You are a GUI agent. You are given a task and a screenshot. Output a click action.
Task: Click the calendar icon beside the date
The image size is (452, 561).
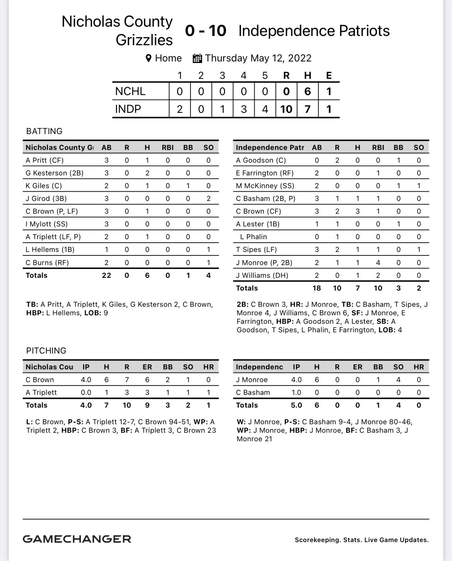tap(197, 58)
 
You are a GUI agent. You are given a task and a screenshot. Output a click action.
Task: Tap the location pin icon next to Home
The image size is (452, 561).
tap(148, 58)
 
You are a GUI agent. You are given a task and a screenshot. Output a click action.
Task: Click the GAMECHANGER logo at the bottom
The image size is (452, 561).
tap(77, 539)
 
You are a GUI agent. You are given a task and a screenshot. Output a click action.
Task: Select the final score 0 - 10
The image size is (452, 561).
tap(206, 31)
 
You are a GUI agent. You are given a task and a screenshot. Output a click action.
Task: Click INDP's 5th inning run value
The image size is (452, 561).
tap(265, 109)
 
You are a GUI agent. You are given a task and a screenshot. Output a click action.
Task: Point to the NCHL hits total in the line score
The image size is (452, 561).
tap(308, 91)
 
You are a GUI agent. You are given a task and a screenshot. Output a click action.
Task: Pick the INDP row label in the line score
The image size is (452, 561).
tap(128, 109)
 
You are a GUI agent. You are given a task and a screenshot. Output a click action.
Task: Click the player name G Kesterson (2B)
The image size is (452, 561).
tap(54, 173)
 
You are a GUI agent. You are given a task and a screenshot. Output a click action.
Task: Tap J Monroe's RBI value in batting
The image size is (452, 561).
tap(378, 263)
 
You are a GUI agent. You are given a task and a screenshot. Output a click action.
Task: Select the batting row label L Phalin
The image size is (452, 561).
tap(253, 237)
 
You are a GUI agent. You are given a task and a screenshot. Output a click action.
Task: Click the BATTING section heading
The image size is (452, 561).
tap(44, 131)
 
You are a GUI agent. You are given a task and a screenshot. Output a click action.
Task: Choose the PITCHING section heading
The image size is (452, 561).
tap(46, 351)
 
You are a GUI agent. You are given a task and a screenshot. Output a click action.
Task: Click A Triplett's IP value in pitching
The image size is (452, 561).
tap(86, 393)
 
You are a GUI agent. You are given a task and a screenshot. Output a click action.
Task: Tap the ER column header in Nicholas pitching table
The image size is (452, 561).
tap(147, 367)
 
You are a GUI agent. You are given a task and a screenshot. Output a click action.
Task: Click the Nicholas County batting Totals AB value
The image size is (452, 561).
tap(106, 275)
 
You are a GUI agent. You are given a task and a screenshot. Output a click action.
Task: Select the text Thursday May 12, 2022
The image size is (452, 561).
tap(258, 58)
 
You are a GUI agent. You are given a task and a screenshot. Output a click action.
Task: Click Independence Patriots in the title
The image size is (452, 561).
tap(314, 31)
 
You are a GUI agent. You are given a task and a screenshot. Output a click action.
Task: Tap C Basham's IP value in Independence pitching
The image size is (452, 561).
tap(296, 393)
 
